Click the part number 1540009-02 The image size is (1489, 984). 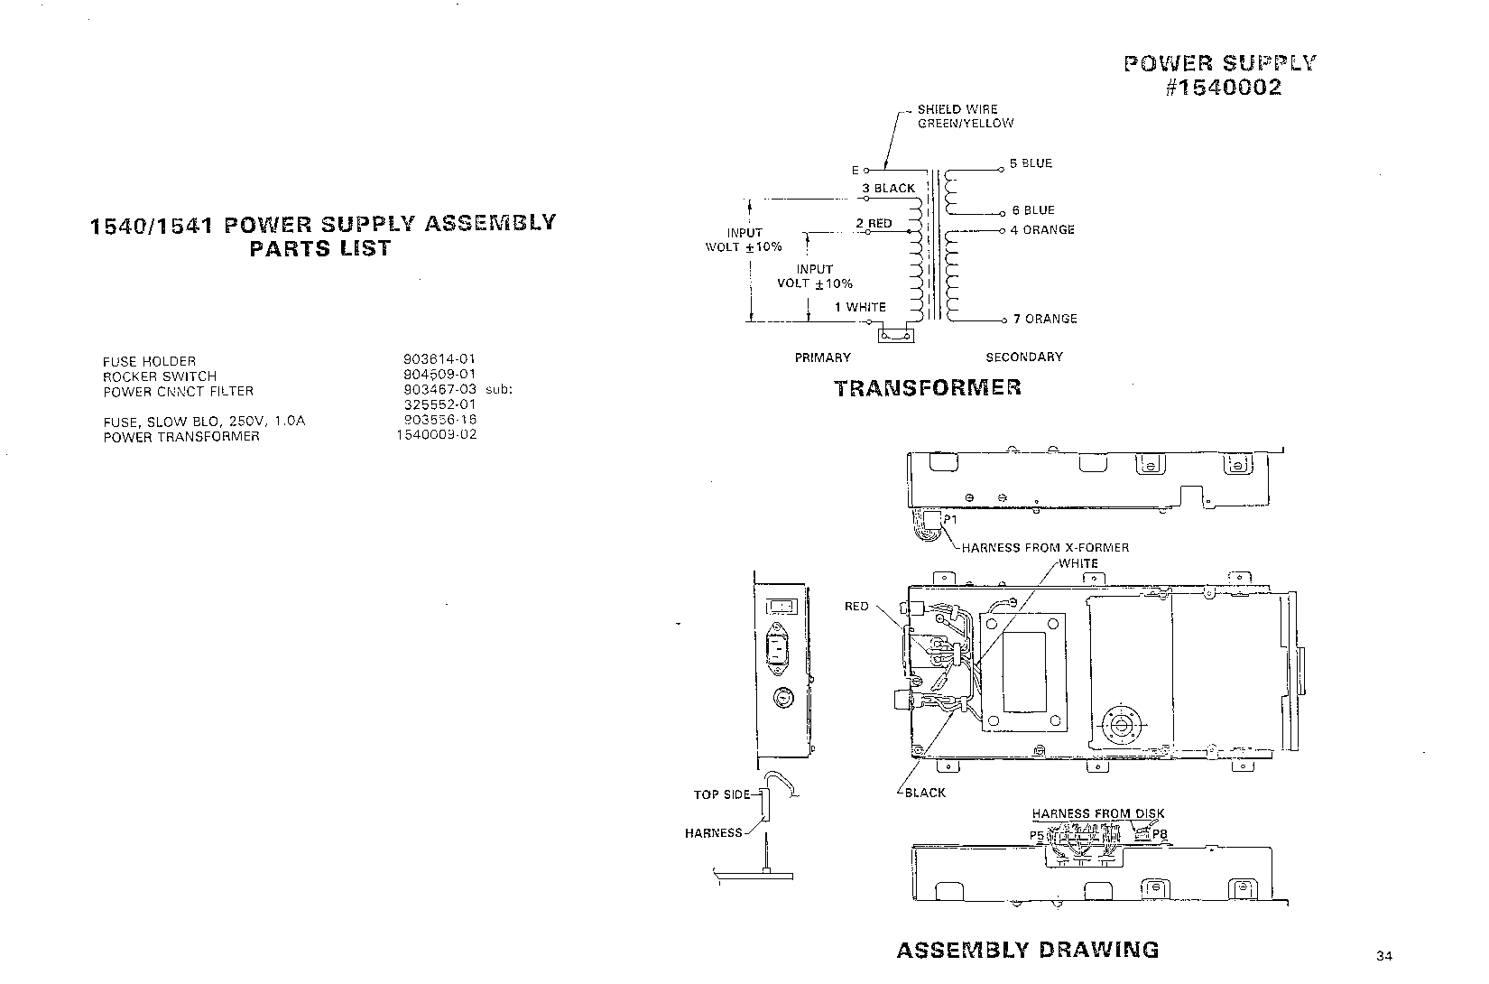(x=436, y=434)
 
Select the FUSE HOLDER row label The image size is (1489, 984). (x=149, y=361)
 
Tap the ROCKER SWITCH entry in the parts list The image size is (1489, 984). (x=160, y=376)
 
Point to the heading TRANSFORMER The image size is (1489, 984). (x=928, y=388)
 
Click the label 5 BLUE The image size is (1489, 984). (x=1031, y=163)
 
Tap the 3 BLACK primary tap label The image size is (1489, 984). (x=888, y=188)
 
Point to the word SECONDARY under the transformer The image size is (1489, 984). (x=1023, y=357)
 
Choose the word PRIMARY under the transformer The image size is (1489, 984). (x=822, y=357)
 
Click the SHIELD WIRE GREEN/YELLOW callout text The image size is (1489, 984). (x=965, y=116)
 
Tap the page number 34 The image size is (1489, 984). (x=1385, y=956)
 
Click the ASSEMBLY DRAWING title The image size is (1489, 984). (x=1027, y=950)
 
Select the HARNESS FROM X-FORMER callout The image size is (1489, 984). (x=1045, y=547)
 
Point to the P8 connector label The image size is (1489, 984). (x=1160, y=834)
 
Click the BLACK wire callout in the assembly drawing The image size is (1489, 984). (x=925, y=793)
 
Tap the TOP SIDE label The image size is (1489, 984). (x=721, y=794)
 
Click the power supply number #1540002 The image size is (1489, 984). (x=1223, y=88)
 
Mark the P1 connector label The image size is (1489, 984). (x=949, y=520)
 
